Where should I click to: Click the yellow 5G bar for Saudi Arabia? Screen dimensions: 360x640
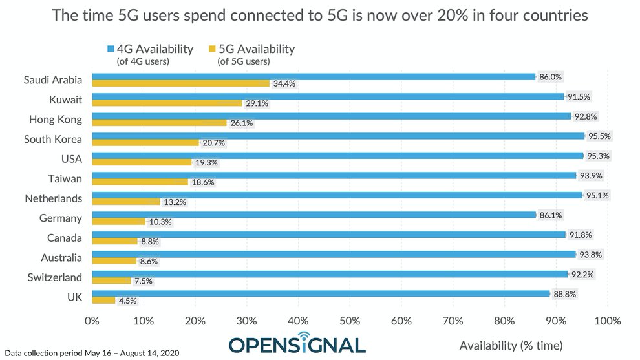click(x=180, y=83)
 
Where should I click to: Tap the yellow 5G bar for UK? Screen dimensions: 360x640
click(x=103, y=300)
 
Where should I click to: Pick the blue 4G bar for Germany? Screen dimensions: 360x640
click(x=314, y=215)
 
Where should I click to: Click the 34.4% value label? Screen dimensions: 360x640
click(x=283, y=83)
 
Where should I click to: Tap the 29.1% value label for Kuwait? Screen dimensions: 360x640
click(x=256, y=103)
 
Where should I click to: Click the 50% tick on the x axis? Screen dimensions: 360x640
click(x=350, y=320)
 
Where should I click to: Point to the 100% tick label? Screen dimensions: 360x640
click(x=606, y=320)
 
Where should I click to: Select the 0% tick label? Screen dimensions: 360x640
click(x=92, y=320)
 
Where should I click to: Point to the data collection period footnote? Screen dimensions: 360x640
click(x=91, y=353)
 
